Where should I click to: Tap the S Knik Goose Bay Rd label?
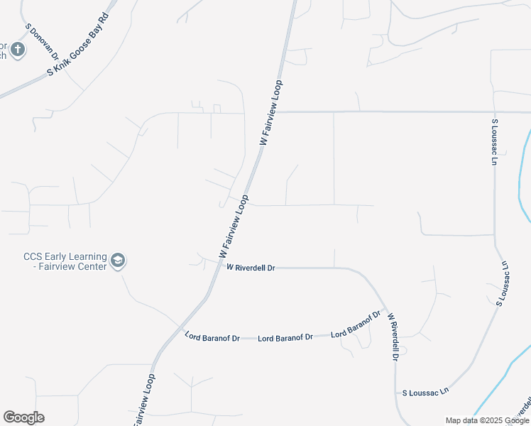(x=79, y=45)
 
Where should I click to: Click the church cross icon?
(x=18, y=50)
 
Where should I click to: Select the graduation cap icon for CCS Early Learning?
(x=118, y=261)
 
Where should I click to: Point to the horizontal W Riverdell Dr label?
(x=251, y=268)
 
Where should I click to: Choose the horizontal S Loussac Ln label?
(x=426, y=391)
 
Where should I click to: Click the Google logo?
(x=23, y=417)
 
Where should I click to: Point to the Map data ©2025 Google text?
(x=486, y=420)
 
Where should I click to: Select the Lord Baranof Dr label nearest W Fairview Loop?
(x=212, y=337)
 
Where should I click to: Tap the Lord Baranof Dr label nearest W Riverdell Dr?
(x=356, y=324)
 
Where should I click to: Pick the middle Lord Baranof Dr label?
(x=285, y=338)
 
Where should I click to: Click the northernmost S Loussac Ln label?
(x=494, y=142)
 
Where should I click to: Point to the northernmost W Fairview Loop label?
(x=271, y=114)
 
